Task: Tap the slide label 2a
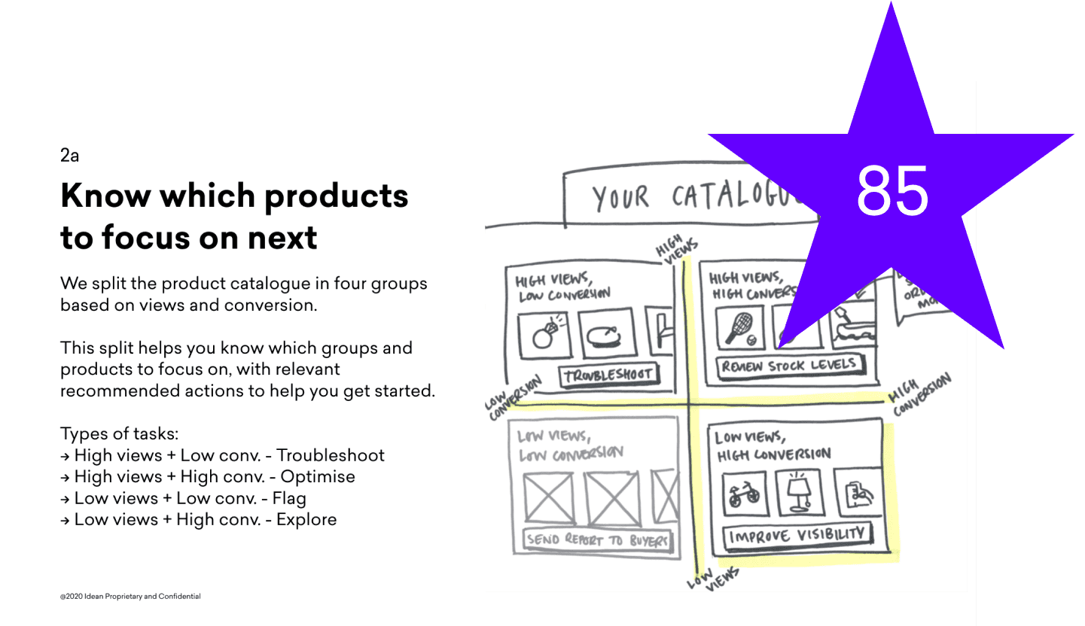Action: point(69,156)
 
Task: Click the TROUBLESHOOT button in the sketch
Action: point(607,374)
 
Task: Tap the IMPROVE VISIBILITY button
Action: point(797,536)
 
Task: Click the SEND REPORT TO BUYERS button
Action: point(598,539)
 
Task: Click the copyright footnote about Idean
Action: point(130,597)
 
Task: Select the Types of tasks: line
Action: point(119,434)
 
